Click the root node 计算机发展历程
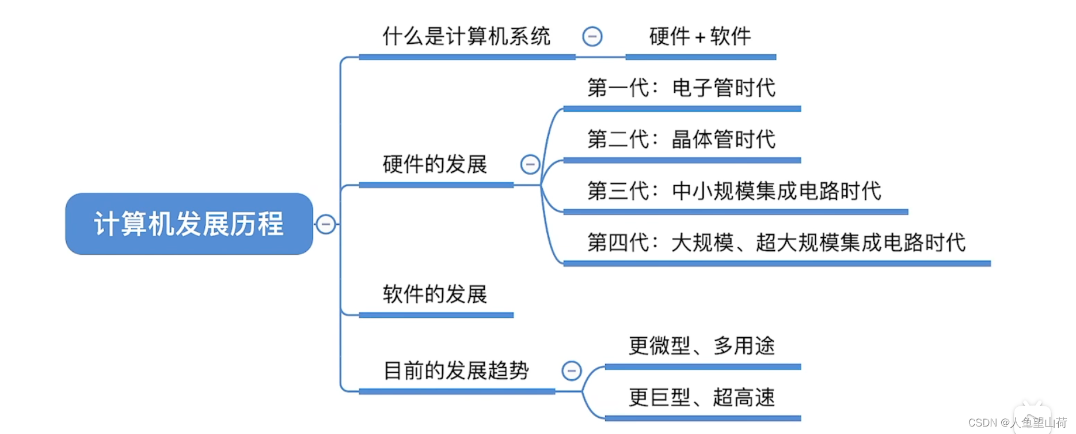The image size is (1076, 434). [x=189, y=224]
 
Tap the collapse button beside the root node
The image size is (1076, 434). [x=326, y=224]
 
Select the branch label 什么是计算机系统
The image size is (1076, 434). [x=466, y=36]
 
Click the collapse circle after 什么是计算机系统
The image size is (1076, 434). [x=592, y=36]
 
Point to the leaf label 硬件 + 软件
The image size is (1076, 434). [x=700, y=36]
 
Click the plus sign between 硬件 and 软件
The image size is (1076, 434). [x=700, y=37]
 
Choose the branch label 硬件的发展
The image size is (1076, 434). [x=435, y=164]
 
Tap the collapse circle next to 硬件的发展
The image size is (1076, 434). [x=530, y=164]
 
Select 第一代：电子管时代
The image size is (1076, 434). [x=681, y=88]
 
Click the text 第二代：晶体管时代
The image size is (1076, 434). [x=681, y=139]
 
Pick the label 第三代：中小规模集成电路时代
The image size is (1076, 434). [x=734, y=191]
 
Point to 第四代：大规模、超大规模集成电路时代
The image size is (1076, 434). [x=776, y=242]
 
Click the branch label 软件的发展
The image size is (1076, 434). [x=435, y=294]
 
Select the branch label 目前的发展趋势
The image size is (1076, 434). [x=456, y=370]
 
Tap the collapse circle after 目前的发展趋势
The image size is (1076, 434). [x=571, y=370]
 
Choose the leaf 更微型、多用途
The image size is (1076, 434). [x=701, y=346]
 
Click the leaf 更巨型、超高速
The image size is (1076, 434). [x=701, y=397]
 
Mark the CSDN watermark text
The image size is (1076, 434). [x=1017, y=423]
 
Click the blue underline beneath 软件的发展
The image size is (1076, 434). [x=436, y=315]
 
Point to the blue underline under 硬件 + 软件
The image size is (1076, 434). [x=701, y=57]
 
